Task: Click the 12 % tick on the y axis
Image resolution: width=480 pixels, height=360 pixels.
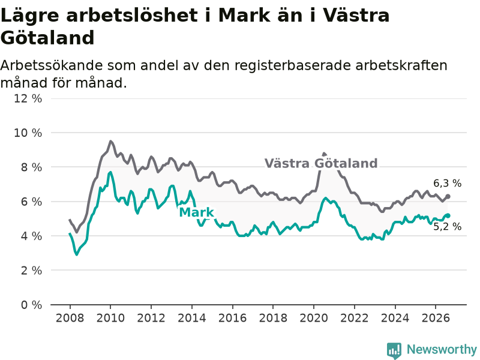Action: click(28, 98)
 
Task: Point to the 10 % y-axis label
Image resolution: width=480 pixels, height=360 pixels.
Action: click(28, 133)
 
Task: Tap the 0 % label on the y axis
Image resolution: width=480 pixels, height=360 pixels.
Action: click(31, 305)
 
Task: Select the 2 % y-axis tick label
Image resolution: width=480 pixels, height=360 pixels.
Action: click(31, 271)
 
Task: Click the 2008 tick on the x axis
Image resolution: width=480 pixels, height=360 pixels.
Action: click(70, 318)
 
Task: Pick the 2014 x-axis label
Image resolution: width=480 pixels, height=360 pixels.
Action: click(192, 318)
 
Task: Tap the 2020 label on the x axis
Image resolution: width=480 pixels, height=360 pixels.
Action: click(314, 318)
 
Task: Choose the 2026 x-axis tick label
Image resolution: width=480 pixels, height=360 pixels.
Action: click(436, 318)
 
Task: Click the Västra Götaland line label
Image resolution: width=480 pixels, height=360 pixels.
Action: click(321, 163)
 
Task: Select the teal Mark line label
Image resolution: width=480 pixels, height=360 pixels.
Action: click(197, 212)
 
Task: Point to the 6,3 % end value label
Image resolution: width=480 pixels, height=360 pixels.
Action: click(447, 184)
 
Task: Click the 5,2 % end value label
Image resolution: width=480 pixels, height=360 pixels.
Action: click(447, 227)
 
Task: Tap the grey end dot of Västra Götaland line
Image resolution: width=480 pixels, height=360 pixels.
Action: click(448, 196)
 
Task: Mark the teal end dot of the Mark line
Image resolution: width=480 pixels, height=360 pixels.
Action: click(448, 215)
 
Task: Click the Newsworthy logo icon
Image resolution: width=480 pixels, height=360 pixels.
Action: click(394, 350)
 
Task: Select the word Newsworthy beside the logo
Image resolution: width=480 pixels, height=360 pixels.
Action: click(442, 349)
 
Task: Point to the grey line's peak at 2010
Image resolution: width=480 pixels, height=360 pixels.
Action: click(110, 141)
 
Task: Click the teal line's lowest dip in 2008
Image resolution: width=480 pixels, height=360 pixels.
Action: click(77, 254)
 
